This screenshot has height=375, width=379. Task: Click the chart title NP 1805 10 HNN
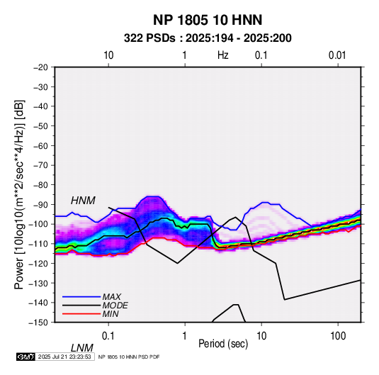click(208, 20)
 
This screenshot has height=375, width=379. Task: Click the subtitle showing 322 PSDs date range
click(208, 38)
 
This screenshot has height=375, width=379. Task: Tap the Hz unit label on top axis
click(223, 55)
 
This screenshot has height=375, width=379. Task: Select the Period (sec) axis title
click(223, 344)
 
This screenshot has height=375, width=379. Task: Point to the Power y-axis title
click(19, 194)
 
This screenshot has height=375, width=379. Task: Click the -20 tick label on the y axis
click(40, 67)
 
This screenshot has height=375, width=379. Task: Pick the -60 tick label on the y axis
click(40, 145)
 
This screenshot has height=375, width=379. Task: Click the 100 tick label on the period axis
click(338, 336)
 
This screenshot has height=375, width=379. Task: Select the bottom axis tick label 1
click(185, 336)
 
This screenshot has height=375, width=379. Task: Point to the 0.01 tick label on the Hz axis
click(337, 55)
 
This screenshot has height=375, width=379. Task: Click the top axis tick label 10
click(108, 55)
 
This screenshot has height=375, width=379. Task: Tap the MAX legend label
click(111, 297)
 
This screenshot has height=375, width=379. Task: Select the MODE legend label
click(115, 306)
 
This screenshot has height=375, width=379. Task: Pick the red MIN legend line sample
click(81, 314)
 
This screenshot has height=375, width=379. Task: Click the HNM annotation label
click(83, 201)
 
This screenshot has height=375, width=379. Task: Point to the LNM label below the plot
click(81, 348)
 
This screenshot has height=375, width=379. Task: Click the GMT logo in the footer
click(26, 357)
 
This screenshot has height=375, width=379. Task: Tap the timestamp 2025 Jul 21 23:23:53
click(64, 357)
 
